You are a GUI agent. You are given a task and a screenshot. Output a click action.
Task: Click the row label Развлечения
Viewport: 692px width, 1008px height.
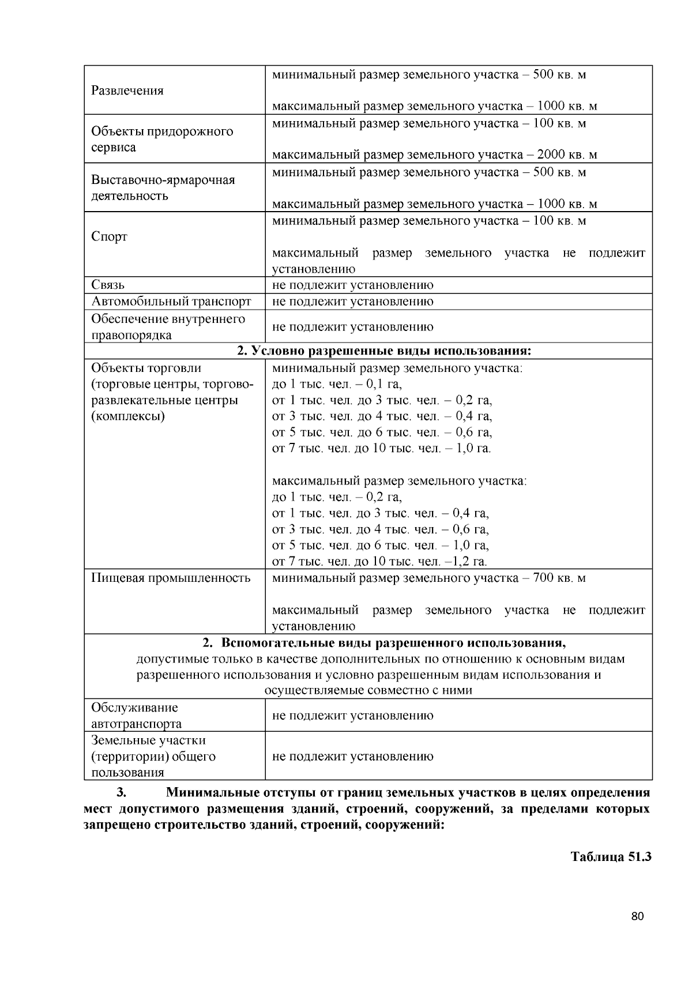click(127, 91)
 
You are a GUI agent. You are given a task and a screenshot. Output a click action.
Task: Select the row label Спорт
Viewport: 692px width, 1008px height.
click(109, 237)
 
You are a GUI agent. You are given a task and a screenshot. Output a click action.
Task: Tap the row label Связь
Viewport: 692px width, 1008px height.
click(108, 285)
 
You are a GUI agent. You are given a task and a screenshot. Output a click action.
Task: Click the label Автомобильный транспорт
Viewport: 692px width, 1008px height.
click(171, 302)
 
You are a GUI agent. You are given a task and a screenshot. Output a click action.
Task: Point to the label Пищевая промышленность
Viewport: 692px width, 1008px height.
click(171, 578)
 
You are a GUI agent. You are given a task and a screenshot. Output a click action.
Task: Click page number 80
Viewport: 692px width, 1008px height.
click(637, 917)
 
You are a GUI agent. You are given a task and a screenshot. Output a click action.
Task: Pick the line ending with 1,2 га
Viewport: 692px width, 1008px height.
click(379, 562)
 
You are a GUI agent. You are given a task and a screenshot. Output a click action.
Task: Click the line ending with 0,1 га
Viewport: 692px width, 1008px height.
click(337, 384)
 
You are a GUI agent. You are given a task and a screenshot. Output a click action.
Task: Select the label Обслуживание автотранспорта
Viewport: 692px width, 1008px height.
click(136, 716)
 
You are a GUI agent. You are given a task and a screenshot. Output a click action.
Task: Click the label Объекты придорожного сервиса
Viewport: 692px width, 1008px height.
click(162, 139)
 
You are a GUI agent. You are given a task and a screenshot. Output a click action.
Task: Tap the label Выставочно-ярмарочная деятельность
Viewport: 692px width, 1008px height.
click(163, 188)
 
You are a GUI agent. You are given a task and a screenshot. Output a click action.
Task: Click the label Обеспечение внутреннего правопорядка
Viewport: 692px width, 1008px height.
click(168, 327)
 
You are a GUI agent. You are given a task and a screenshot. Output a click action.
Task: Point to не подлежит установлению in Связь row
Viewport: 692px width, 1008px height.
click(352, 285)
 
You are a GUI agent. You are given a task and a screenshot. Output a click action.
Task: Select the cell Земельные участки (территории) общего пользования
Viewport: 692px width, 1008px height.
click(153, 756)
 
